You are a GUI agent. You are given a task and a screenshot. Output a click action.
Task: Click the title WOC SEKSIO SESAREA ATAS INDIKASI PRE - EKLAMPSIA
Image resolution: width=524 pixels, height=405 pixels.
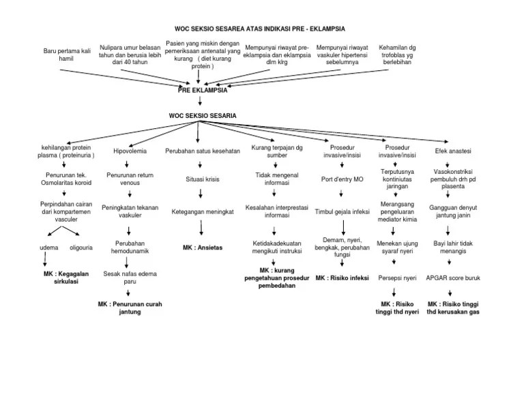click(x=260, y=29)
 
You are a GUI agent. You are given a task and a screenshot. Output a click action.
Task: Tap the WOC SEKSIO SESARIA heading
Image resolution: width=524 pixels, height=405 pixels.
click(x=203, y=116)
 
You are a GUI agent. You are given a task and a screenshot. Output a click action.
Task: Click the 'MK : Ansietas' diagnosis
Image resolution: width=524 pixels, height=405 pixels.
click(x=203, y=247)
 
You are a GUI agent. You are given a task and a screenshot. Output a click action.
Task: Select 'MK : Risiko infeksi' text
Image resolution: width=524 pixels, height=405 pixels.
click(x=342, y=279)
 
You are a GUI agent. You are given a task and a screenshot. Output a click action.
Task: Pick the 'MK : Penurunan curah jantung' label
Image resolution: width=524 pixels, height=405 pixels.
click(x=130, y=307)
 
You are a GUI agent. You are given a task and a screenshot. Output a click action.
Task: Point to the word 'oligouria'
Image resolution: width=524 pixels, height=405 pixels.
click(x=79, y=247)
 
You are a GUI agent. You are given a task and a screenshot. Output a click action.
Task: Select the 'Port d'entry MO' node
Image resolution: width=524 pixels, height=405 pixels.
click(x=342, y=179)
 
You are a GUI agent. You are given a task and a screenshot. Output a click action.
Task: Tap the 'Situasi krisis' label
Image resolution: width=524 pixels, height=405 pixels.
click(x=203, y=179)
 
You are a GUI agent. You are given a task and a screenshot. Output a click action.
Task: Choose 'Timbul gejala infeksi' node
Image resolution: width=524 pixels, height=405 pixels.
click(x=342, y=212)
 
